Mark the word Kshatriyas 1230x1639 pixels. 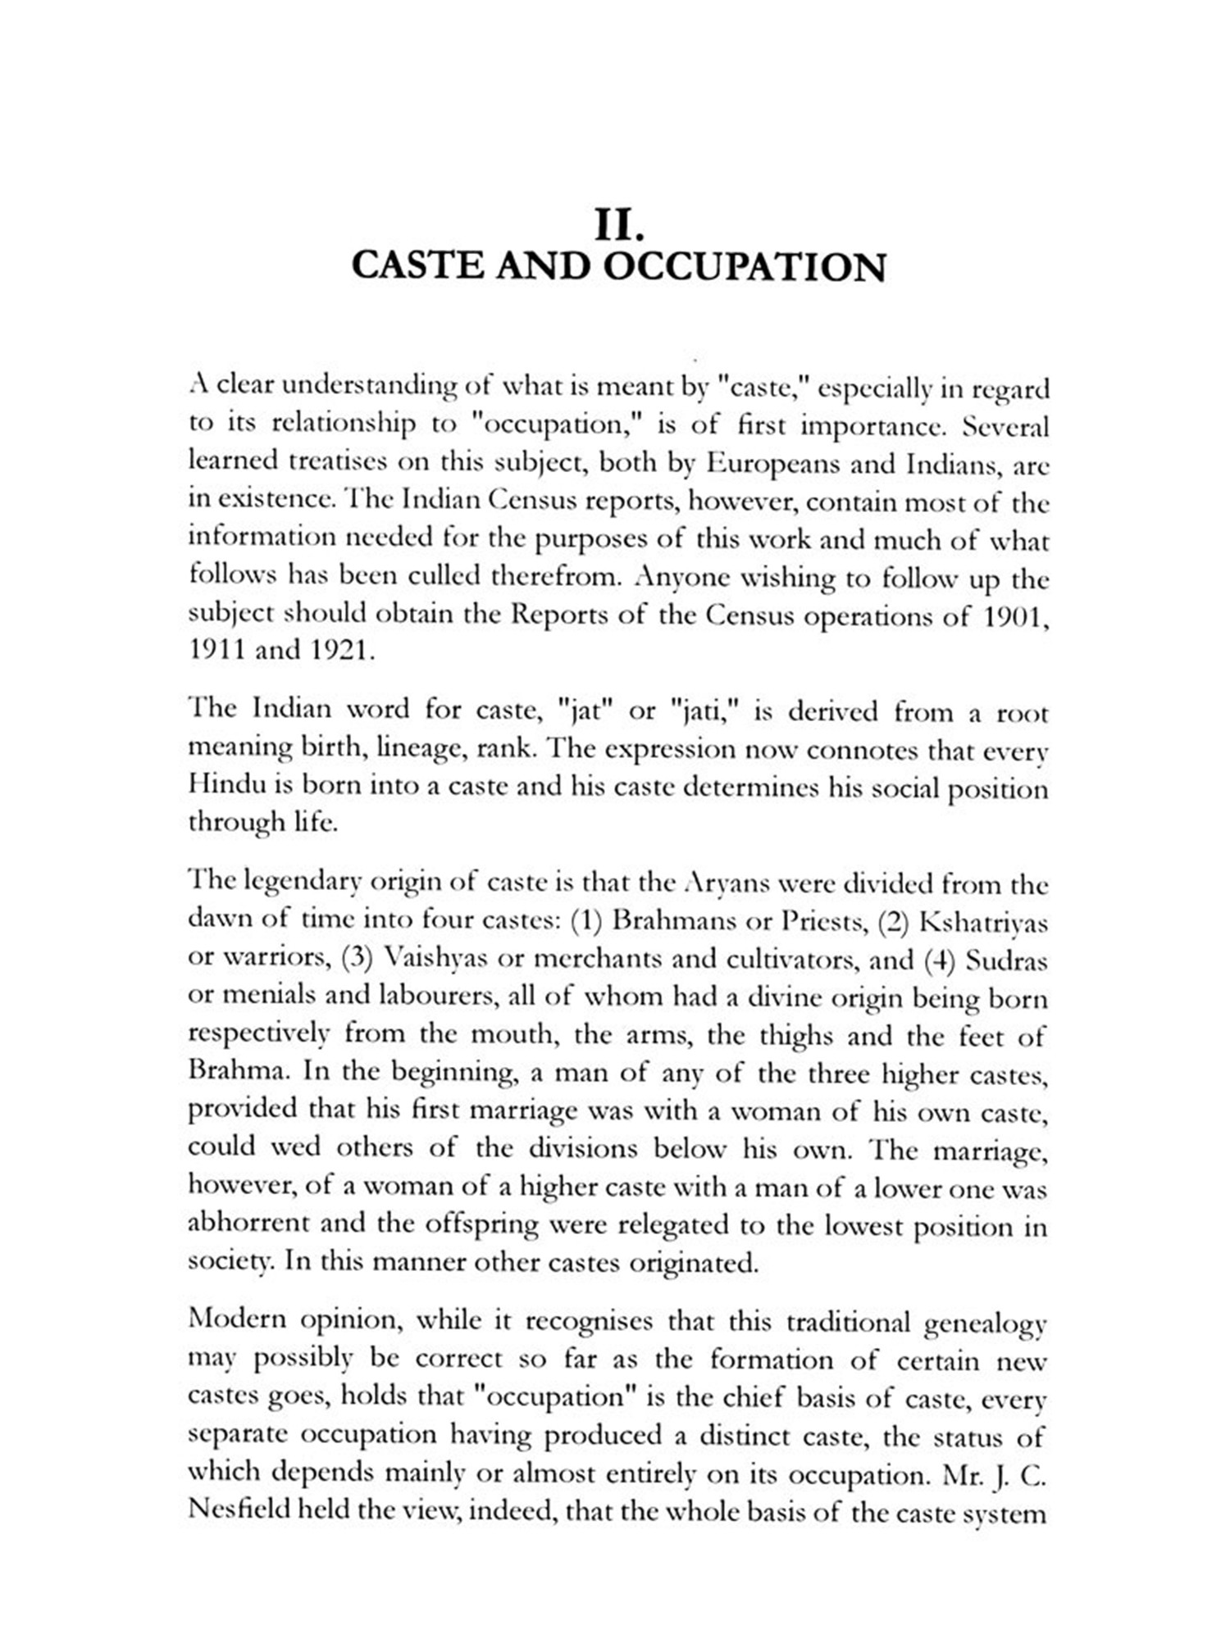coord(983,923)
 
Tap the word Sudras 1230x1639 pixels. coord(1006,960)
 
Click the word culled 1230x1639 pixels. coord(431,577)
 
